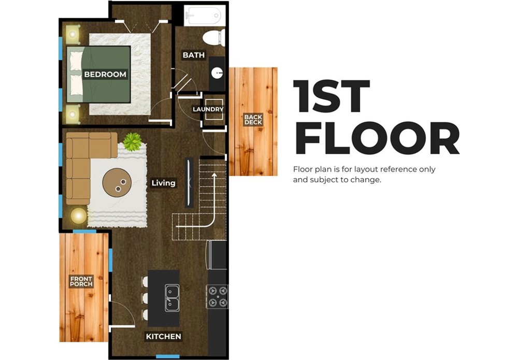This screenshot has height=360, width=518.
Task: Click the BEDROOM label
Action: (105, 74)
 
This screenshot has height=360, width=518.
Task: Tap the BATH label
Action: (194, 55)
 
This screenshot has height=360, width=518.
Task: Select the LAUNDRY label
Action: (208, 109)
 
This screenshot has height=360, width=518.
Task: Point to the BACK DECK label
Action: (253, 120)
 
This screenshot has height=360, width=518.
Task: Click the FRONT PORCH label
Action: (81, 281)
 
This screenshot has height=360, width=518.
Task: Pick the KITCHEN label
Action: (164, 337)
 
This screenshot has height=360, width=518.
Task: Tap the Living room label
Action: (164, 183)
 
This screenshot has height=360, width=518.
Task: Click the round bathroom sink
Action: (218, 73)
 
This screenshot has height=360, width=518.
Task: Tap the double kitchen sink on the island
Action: (172, 298)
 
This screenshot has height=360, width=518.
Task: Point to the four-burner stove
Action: (218, 297)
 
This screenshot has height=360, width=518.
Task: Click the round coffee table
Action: (117, 183)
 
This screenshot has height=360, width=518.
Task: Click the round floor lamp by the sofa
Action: (79, 215)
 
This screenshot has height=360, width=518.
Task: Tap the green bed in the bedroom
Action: (99, 74)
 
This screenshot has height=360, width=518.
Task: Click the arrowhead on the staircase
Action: (214, 175)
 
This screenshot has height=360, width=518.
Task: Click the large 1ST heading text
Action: (332, 96)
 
